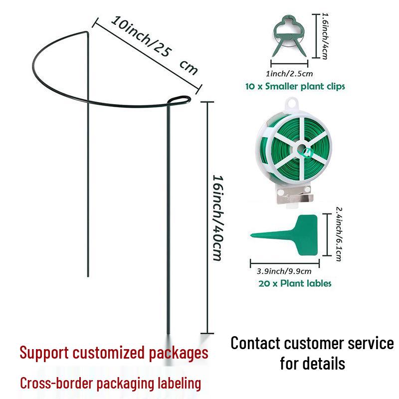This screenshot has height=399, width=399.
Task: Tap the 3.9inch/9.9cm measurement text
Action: click(x=284, y=271)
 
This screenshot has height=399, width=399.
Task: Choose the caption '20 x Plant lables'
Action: click(x=295, y=283)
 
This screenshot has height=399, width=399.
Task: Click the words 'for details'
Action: click(x=312, y=363)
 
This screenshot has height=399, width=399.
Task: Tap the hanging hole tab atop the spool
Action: click(x=289, y=105)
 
